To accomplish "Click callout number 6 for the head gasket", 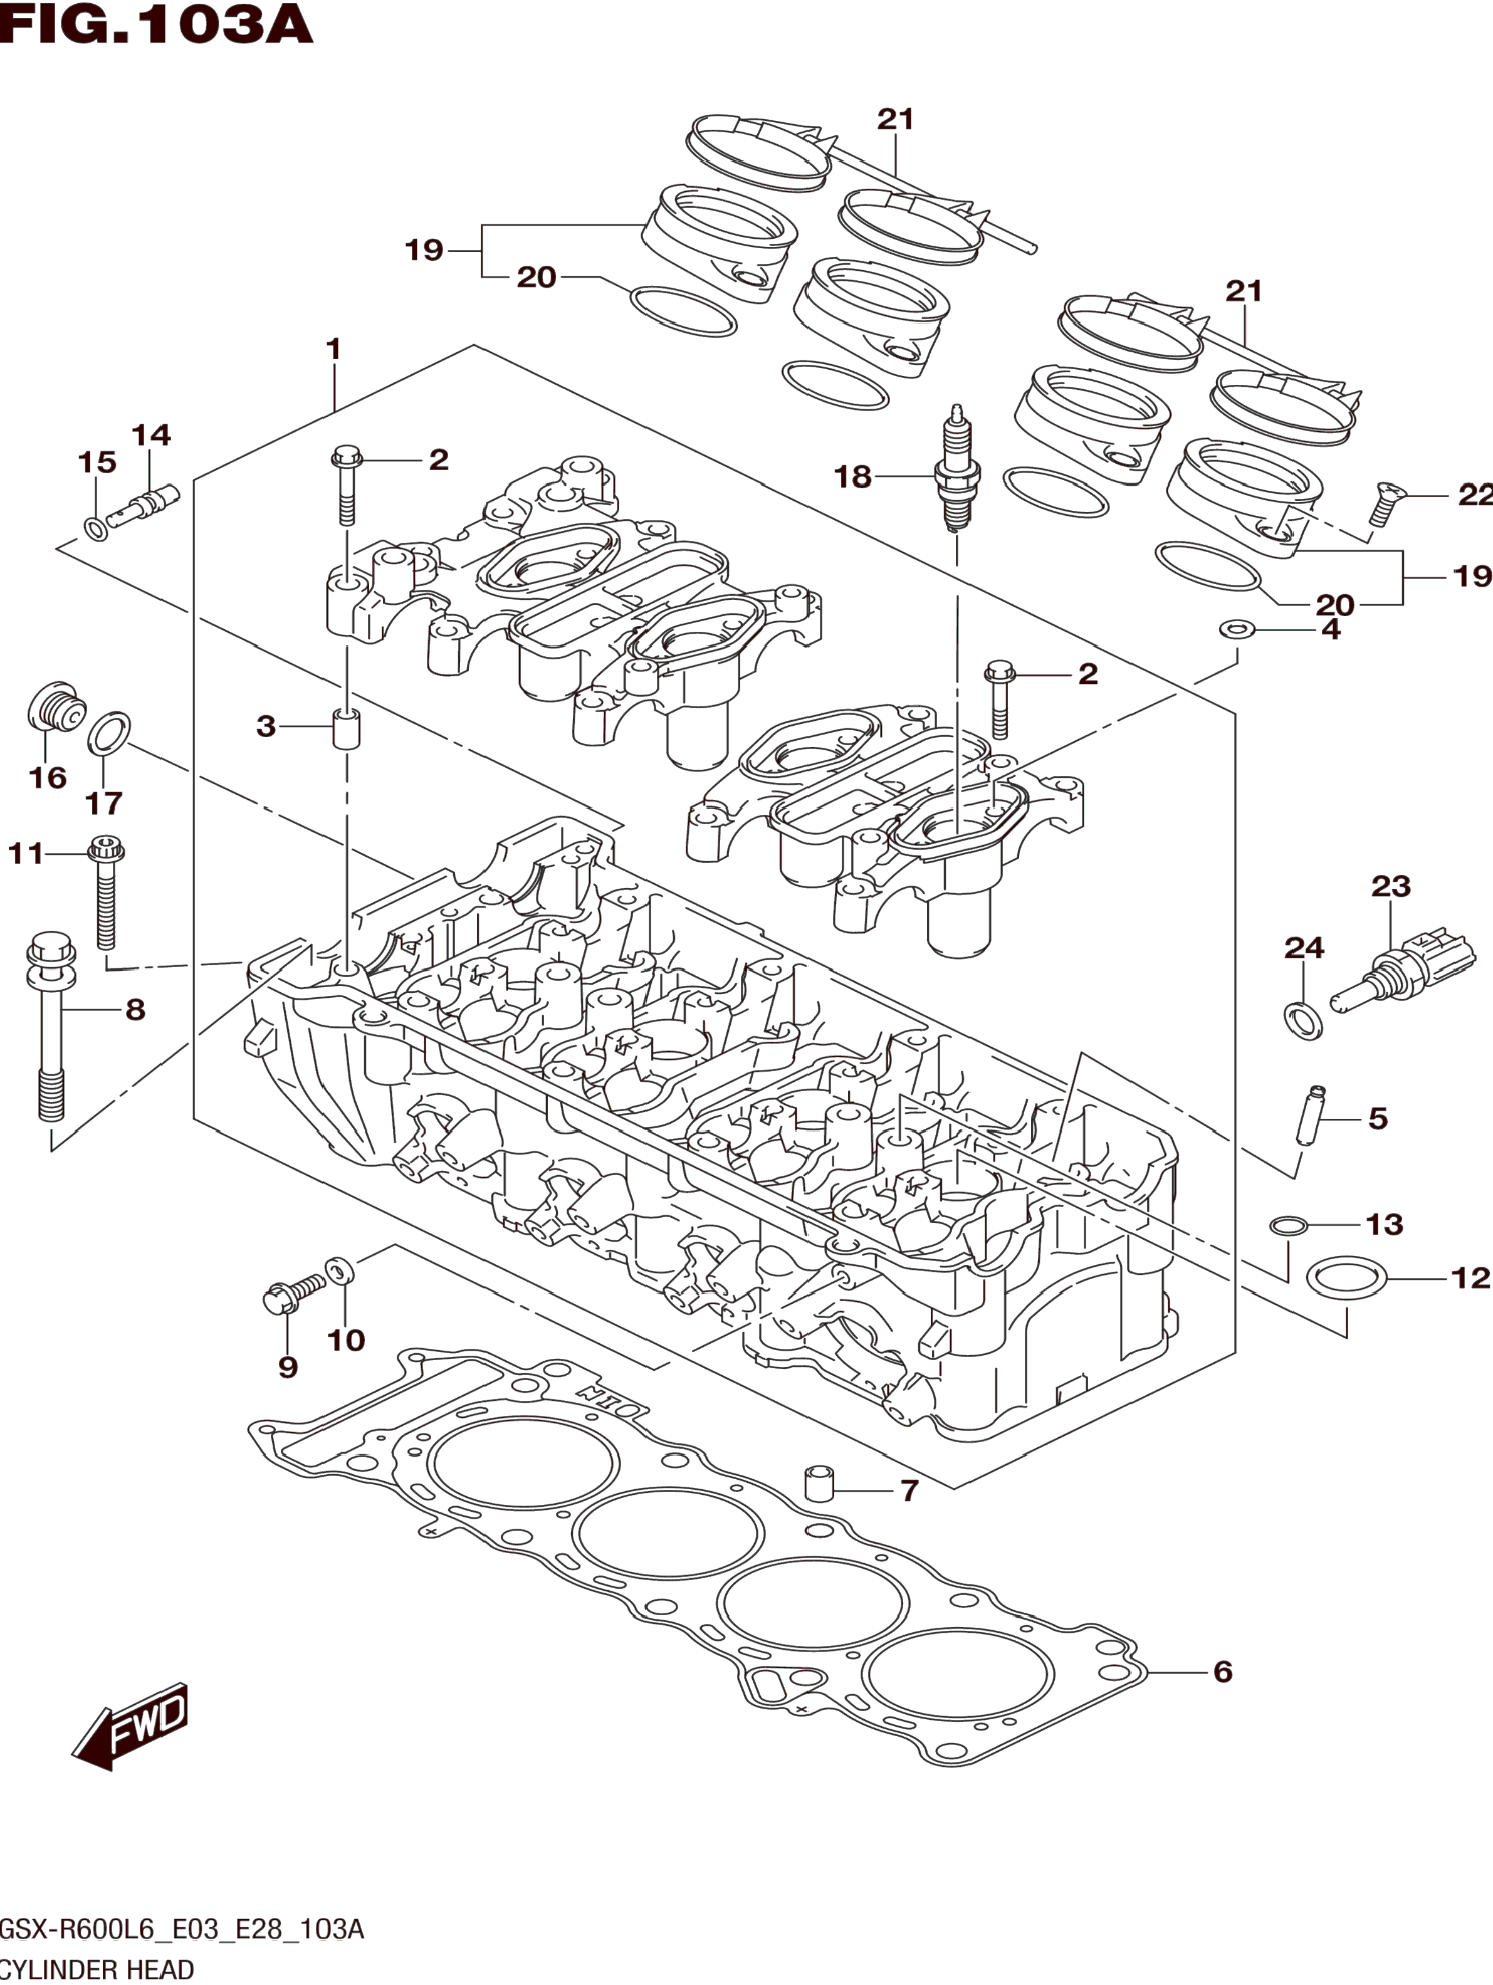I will [x=1222, y=1671].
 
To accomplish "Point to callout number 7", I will [x=909, y=1490].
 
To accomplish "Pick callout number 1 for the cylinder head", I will [x=334, y=350].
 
